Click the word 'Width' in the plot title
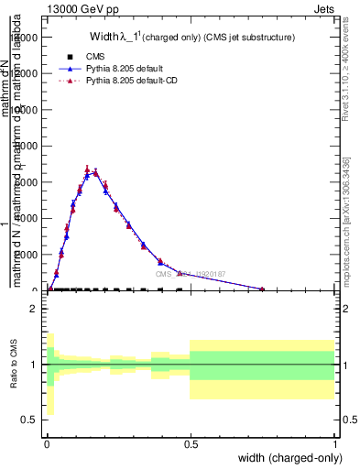(x=104, y=38)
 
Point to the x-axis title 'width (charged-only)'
(x=289, y=456)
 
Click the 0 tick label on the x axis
(x=48, y=442)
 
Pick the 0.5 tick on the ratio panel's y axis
(x=30, y=420)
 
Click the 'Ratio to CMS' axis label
(x=14, y=365)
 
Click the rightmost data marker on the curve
(x=262, y=289)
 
